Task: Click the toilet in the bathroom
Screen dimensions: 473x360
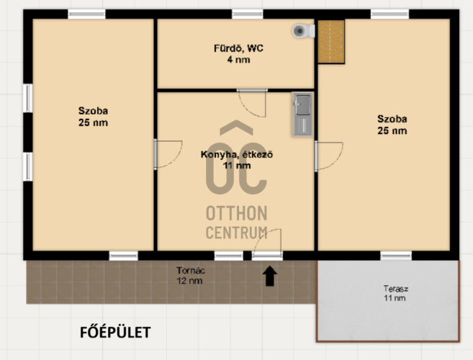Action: pos(304,31)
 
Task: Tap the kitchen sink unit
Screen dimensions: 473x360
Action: pos(302,114)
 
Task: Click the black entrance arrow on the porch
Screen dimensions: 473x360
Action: pos(270,276)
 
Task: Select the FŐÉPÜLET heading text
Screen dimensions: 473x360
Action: pos(115,333)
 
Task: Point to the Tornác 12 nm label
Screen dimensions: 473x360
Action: pos(190,276)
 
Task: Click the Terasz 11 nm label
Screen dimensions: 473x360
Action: pos(395,293)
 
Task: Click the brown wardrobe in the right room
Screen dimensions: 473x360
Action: pos(331,42)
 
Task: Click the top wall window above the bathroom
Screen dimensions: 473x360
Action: pos(248,14)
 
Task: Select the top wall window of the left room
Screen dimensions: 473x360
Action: pos(86,14)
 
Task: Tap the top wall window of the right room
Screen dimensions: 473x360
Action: pos(389,14)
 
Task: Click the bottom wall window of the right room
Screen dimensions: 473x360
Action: pos(396,256)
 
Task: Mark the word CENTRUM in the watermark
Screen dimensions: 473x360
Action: pos(237,233)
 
